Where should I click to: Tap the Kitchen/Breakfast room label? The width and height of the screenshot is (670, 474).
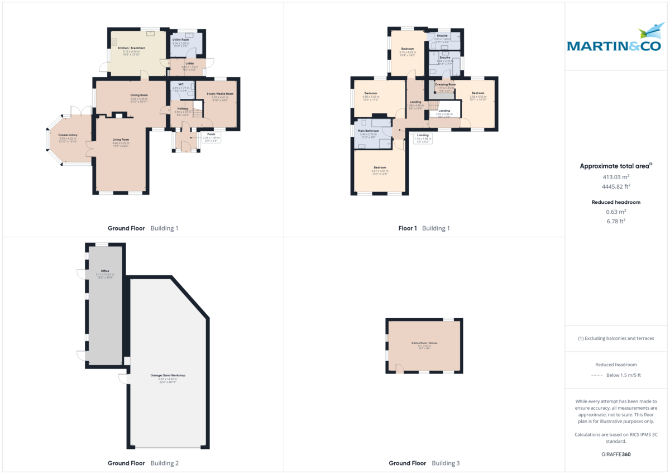point(131,48)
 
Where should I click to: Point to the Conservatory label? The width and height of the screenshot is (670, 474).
point(68,135)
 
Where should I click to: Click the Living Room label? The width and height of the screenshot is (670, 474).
point(121,140)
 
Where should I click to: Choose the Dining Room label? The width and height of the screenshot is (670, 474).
point(139,95)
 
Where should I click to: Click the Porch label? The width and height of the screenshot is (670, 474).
point(211,134)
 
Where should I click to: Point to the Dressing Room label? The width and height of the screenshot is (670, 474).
point(446,84)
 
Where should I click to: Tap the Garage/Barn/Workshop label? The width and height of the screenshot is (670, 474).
point(167,375)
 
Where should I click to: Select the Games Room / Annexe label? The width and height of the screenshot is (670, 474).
point(424,343)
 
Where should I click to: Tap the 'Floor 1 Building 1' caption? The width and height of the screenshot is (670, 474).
point(424,228)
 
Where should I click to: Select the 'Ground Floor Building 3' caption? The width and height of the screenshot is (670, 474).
point(424,463)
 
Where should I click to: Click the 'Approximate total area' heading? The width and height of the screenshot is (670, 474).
point(615,166)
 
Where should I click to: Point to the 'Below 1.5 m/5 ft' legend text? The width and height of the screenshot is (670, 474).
point(623,375)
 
